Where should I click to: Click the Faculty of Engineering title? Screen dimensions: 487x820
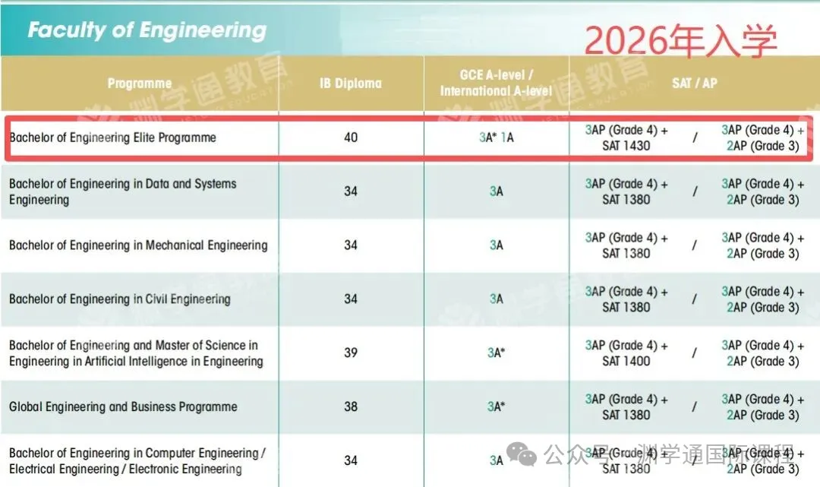click(x=147, y=30)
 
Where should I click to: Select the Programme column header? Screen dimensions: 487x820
click(x=140, y=84)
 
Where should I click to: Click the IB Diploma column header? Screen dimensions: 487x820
click(x=351, y=84)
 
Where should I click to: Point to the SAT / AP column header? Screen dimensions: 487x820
click(x=694, y=83)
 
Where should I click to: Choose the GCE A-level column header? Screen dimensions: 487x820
click(x=497, y=83)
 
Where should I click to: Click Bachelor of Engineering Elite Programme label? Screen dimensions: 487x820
click(x=112, y=138)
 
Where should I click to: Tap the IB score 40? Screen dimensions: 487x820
click(x=351, y=138)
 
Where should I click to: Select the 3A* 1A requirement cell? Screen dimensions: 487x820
click(x=497, y=138)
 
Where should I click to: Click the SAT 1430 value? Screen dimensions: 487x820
click(x=626, y=146)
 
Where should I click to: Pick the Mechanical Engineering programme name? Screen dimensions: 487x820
click(x=138, y=245)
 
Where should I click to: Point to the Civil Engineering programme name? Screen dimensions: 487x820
click(x=120, y=299)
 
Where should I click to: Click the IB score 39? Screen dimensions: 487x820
click(x=351, y=353)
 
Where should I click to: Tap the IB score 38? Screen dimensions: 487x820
click(x=351, y=406)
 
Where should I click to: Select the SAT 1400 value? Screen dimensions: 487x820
click(x=626, y=362)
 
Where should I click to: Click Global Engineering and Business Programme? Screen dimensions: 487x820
click(x=123, y=406)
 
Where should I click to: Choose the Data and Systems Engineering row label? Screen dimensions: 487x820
click(x=123, y=191)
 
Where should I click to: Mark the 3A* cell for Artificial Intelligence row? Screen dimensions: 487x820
click(x=497, y=353)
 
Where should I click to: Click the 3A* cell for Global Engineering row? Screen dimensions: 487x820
click(x=497, y=406)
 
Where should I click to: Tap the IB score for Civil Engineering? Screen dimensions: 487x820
click(x=351, y=299)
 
